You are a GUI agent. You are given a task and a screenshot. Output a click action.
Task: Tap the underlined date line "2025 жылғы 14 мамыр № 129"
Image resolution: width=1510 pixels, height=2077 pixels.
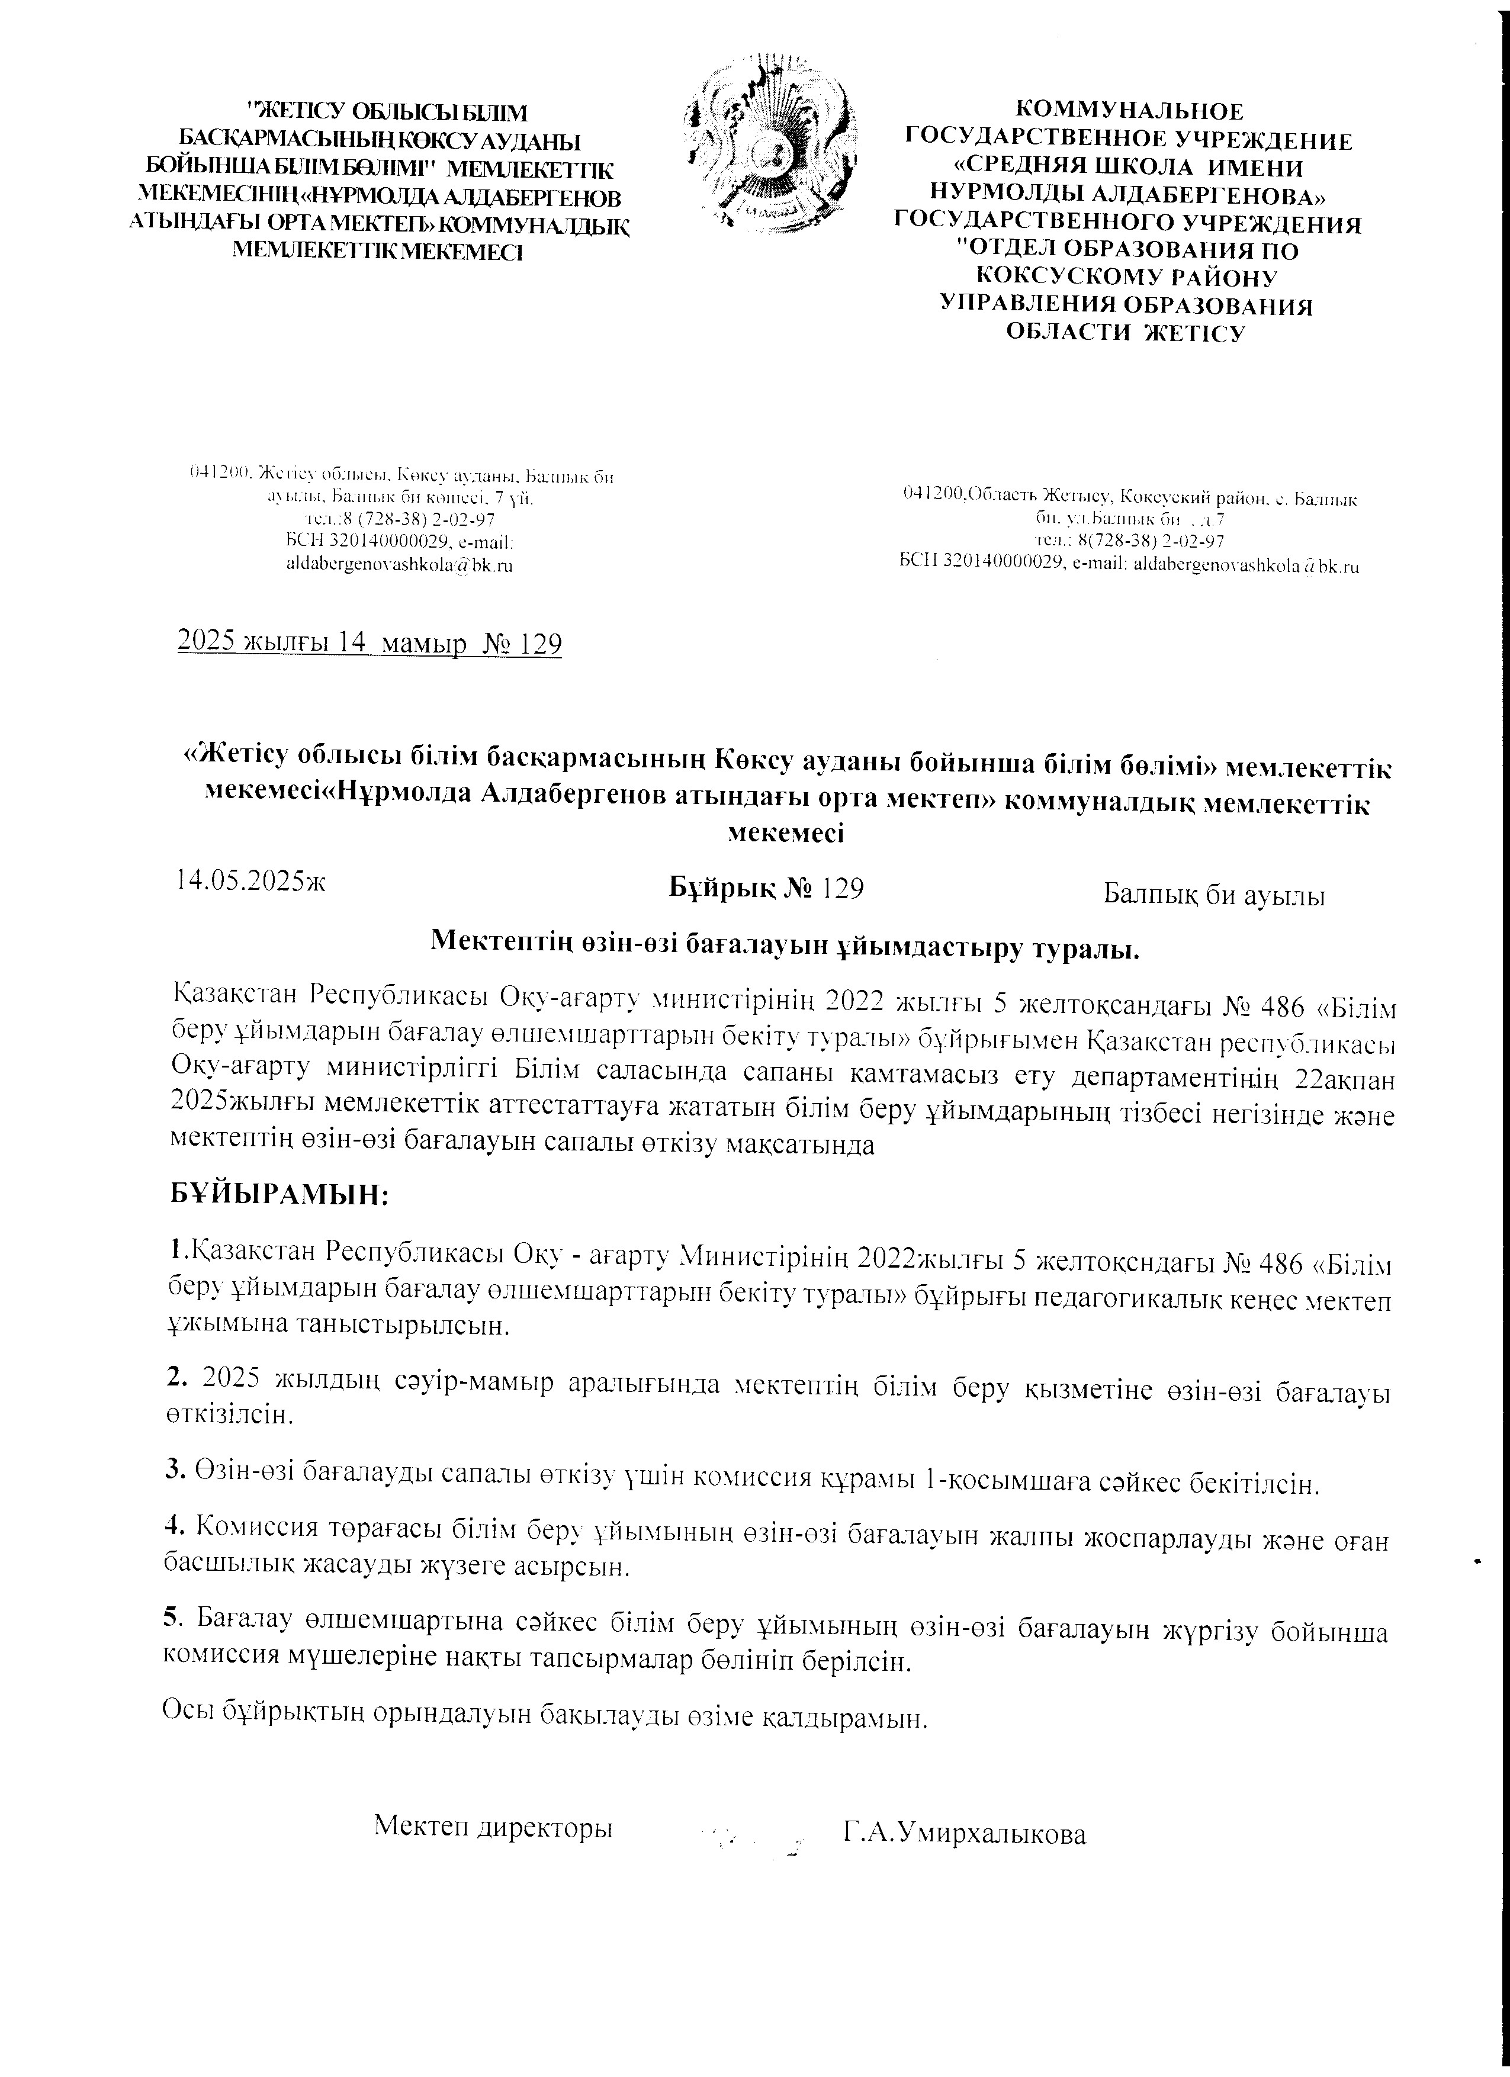point(369,645)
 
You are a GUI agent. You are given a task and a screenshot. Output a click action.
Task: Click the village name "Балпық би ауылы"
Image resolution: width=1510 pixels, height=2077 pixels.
point(1215,894)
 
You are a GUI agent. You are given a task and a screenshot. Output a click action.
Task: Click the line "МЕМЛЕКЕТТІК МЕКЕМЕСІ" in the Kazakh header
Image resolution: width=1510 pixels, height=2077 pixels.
point(379,250)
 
